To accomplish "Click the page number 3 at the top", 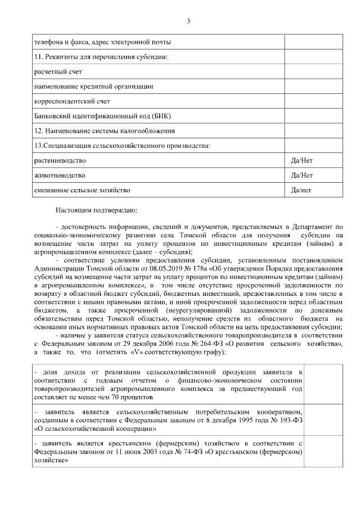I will click(188, 21).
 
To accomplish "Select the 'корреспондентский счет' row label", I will click(72, 101).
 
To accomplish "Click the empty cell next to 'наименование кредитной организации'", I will click(306, 86).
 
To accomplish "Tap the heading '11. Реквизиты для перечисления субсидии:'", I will click(101, 57).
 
